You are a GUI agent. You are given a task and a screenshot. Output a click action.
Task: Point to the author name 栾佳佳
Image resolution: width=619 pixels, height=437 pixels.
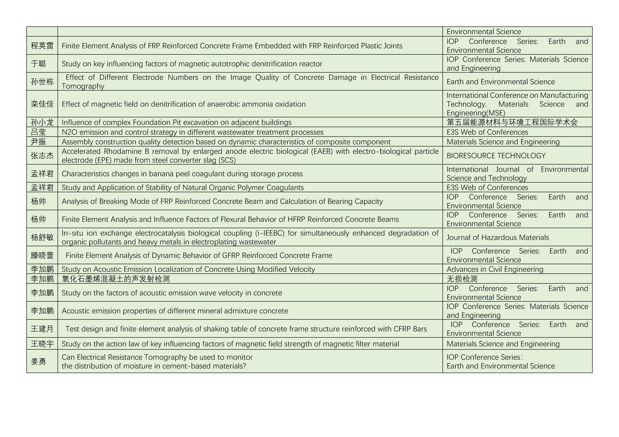click(42, 104)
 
